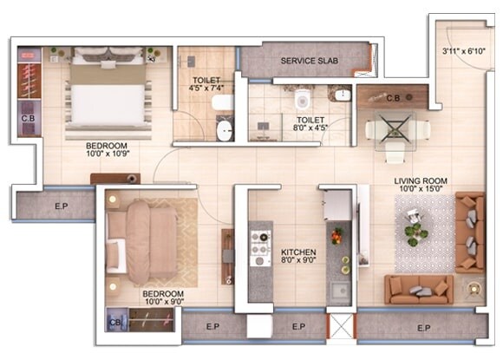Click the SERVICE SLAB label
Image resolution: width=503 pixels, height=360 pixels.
(309, 61)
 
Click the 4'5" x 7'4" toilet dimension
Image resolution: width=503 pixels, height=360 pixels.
(206, 88)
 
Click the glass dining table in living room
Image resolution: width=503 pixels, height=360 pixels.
(395, 131)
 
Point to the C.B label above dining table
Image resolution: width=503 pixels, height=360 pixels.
(392, 97)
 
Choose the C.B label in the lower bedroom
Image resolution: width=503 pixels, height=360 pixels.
(115, 322)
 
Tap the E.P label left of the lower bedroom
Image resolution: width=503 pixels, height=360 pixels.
(54, 206)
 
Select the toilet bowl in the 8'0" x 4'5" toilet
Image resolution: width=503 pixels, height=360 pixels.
(302, 99)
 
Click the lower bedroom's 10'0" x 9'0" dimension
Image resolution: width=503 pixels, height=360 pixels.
(163, 301)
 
